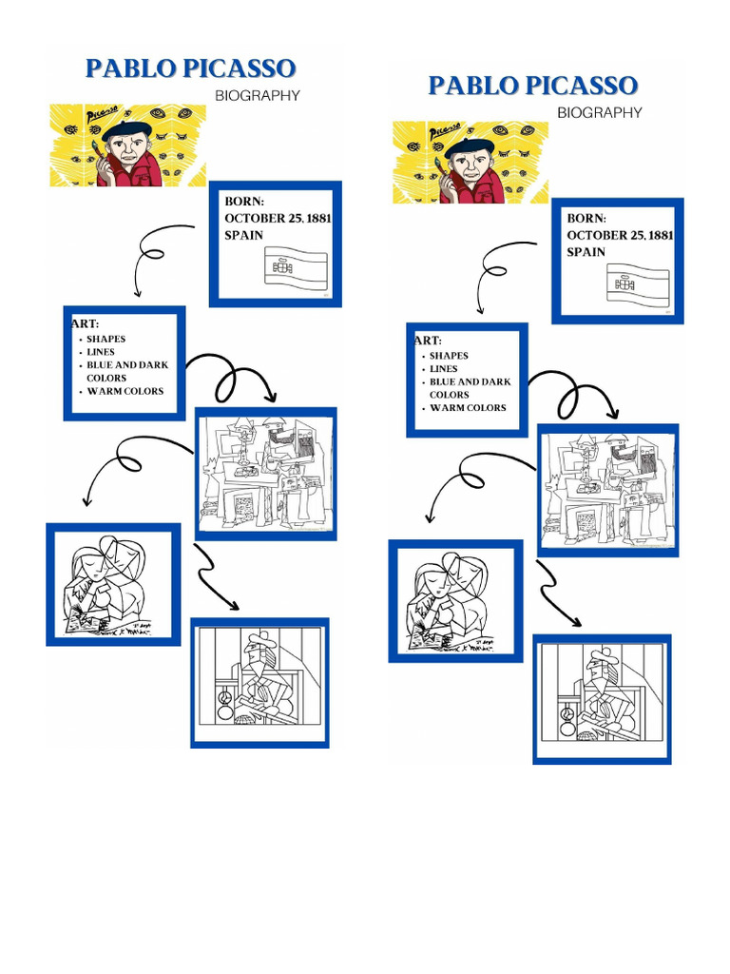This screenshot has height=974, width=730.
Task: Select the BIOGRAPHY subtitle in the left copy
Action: click(257, 95)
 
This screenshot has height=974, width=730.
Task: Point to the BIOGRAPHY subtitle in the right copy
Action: click(599, 112)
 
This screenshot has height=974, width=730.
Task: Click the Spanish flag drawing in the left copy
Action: click(296, 267)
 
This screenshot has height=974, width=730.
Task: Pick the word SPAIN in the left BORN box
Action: click(243, 235)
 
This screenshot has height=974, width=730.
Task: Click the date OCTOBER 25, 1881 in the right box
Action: click(620, 235)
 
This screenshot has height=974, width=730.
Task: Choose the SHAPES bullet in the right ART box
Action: click(449, 356)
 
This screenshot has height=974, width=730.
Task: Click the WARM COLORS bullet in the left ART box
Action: click(125, 391)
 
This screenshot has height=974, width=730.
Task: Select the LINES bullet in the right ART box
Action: click(443, 369)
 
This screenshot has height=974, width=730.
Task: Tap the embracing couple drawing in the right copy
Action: click(455, 602)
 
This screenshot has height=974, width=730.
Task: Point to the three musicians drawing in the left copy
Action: click(265, 474)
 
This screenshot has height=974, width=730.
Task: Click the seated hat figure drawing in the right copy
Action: click(602, 697)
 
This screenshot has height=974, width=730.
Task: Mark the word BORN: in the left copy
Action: click(244, 202)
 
